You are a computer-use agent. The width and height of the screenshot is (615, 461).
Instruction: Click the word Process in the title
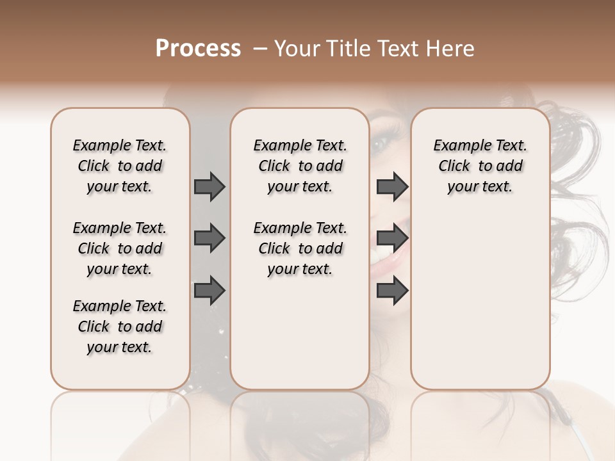(x=198, y=49)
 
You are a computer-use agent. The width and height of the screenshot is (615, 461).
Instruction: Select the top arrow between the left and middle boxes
(x=209, y=186)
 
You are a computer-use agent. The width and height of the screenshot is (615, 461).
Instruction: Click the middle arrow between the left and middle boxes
(x=209, y=238)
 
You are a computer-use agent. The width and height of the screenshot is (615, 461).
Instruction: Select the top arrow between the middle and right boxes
(x=392, y=186)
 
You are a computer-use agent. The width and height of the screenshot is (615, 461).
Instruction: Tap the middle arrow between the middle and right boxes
(x=392, y=238)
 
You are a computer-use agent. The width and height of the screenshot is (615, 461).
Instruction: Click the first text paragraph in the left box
(x=120, y=166)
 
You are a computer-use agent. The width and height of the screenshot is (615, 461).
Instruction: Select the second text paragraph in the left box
(x=120, y=248)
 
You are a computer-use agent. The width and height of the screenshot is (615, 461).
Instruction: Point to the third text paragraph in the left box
(x=120, y=327)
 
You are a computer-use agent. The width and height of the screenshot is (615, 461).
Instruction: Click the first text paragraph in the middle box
(x=300, y=166)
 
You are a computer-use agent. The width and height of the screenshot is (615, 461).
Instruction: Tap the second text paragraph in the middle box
(x=300, y=248)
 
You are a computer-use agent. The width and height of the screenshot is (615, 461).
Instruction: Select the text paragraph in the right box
(x=480, y=166)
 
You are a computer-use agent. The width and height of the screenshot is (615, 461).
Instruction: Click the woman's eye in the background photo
(x=382, y=143)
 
